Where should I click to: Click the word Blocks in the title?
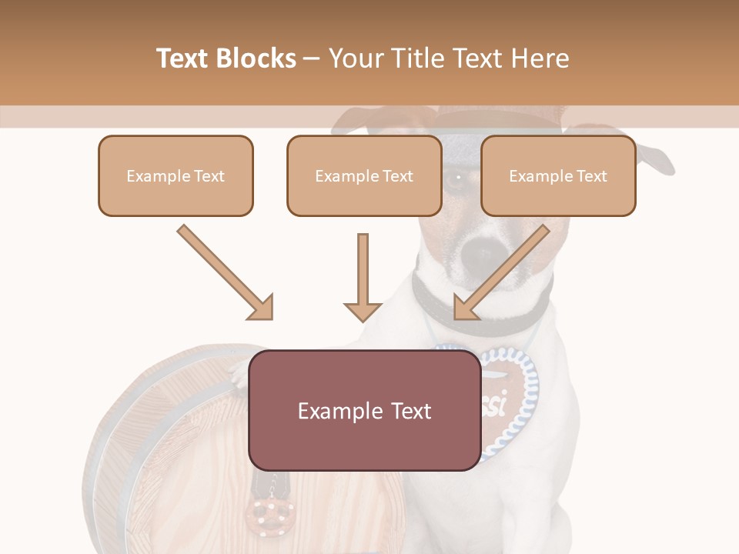(x=259, y=58)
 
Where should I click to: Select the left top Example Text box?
(x=176, y=176)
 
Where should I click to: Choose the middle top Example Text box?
(x=364, y=176)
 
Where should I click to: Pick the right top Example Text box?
(x=558, y=176)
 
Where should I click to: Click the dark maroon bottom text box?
(x=364, y=411)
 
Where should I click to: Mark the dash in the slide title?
(x=312, y=58)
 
